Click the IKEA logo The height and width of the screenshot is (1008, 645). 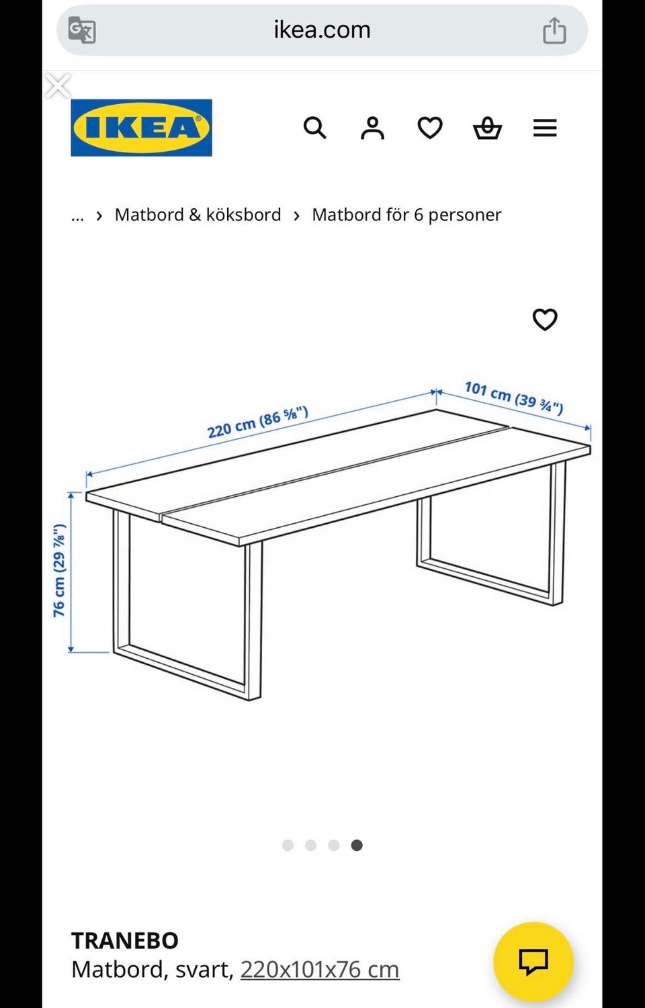141,128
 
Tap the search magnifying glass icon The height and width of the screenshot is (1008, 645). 314,128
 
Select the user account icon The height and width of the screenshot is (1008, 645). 372,128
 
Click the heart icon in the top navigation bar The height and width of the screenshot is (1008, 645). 430,128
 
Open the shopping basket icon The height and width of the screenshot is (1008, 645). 487,128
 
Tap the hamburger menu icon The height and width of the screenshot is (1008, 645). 545,128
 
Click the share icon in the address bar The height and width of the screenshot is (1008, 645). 554,30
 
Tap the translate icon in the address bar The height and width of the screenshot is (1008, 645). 82,30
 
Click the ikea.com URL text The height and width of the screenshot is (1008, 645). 322,30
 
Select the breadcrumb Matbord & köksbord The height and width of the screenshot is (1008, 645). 198,215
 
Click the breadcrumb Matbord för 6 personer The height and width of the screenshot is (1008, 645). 406,215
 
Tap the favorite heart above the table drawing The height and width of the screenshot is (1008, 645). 545,320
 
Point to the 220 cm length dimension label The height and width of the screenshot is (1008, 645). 257,422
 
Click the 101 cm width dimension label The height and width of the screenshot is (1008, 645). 513,398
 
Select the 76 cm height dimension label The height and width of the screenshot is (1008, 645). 60,571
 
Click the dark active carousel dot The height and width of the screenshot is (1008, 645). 357,845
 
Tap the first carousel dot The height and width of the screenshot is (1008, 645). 288,845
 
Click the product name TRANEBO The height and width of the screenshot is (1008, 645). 125,940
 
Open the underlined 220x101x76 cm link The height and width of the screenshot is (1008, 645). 320,970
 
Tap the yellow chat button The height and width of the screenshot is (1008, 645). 533,962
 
